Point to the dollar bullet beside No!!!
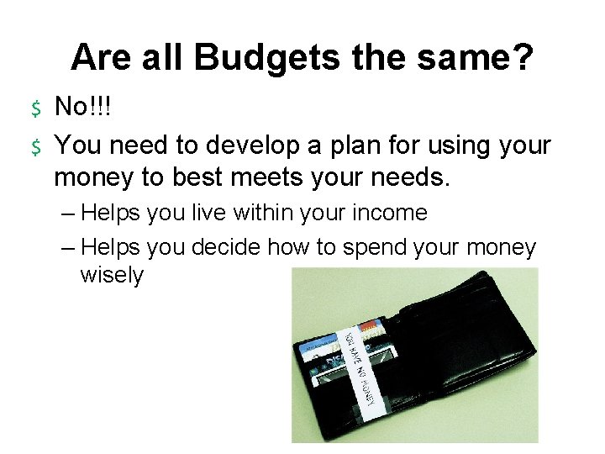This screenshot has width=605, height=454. (36, 108)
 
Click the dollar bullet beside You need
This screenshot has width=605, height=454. (36, 146)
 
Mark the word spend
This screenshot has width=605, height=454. (375, 247)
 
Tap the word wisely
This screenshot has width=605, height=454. (112, 277)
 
